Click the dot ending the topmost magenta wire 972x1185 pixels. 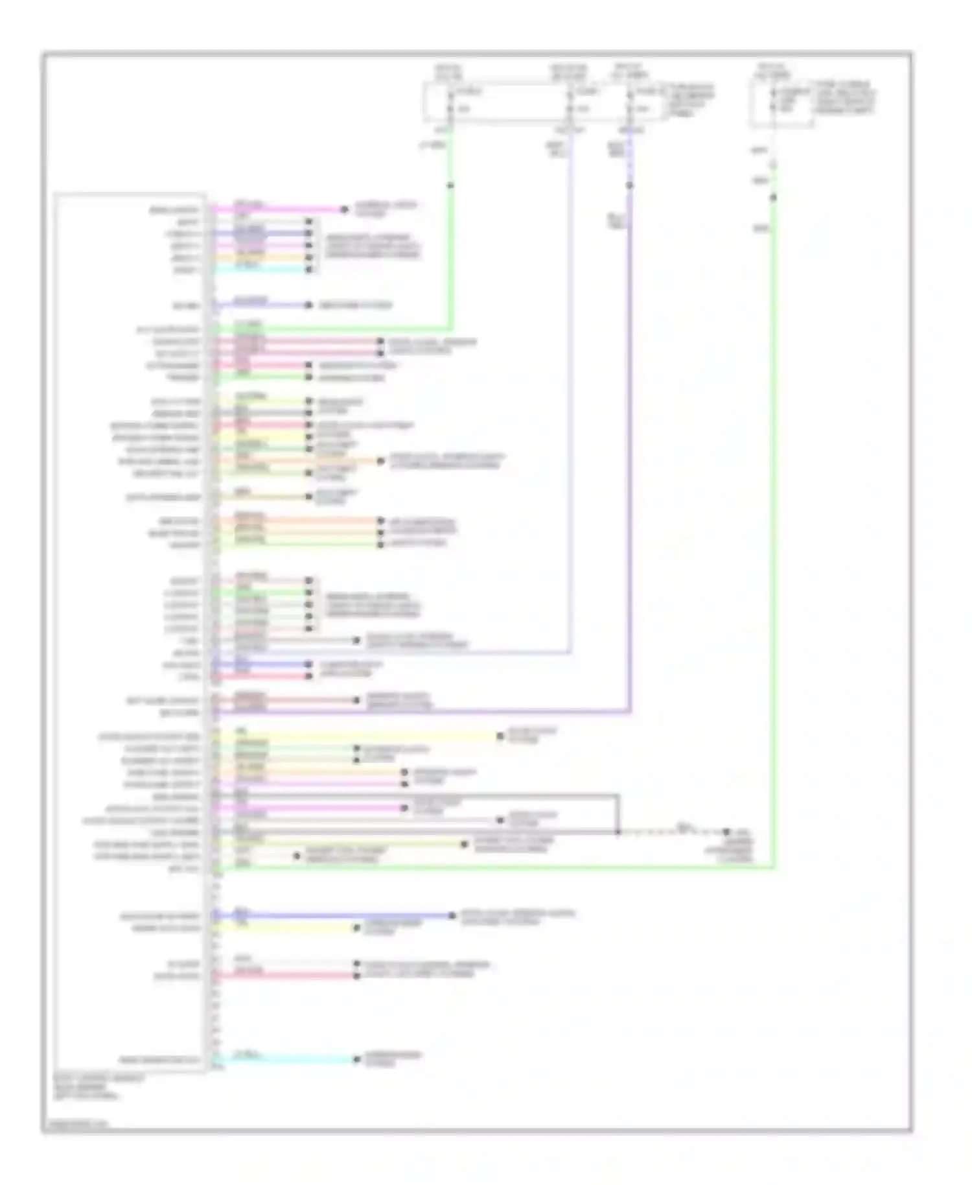click(345, 209)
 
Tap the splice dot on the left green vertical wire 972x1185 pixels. click(450, 186)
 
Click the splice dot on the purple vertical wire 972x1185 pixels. click(630, 186)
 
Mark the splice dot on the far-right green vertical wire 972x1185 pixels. click(773, 198)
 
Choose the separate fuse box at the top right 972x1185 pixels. click(781, 102)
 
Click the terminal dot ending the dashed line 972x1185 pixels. click(726, 832)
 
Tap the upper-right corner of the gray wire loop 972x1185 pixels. click(618, 795)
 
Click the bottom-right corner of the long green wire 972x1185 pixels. click(773, 867)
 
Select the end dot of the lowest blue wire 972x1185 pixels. click(452, 915)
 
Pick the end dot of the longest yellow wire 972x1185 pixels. click(500, 736)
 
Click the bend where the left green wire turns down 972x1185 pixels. click(450, 329)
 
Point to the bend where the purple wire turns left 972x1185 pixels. click(630, 712)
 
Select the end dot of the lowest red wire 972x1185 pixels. click(356, 975)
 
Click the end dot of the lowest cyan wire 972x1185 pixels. click(356, 1059)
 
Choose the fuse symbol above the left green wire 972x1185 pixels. click(450, 100)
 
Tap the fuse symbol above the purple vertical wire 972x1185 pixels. click(630, 100)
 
